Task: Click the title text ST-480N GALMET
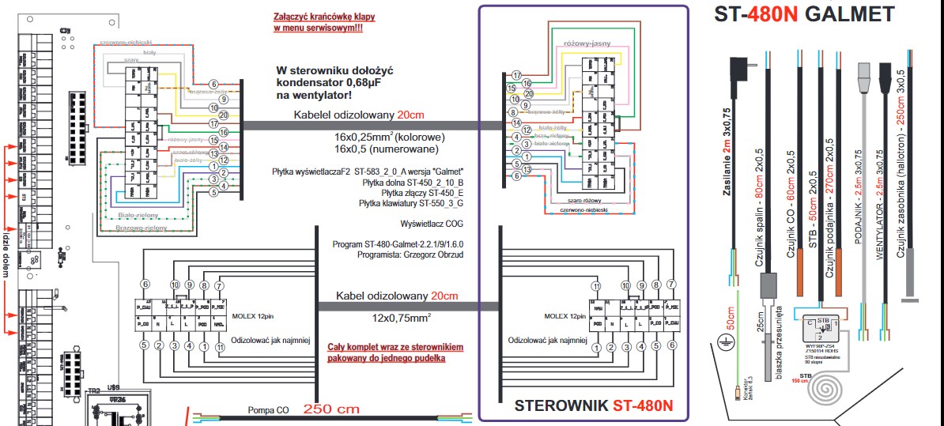pos(804,14)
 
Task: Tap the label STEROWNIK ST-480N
pos(593,406)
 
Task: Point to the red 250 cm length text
pos(330,410)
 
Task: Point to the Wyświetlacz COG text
pos(432,224)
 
